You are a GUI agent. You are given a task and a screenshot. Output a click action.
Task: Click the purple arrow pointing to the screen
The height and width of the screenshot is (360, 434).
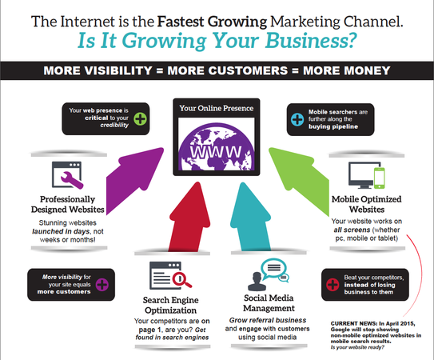click(133, 178)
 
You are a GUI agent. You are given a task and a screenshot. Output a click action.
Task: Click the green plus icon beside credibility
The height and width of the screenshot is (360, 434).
click(141, 119)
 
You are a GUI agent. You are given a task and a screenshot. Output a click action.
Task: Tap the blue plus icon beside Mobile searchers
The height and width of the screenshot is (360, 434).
click(297, 119)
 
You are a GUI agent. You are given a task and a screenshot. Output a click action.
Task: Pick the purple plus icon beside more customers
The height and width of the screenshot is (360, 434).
click(102, 285)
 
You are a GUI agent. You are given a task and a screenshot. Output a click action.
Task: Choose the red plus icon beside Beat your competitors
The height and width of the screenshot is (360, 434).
click(332, 285)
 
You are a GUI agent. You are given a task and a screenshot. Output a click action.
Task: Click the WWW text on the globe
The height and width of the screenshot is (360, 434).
click(216, 151)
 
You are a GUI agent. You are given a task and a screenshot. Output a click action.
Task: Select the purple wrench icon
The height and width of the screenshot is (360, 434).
click(71, 180)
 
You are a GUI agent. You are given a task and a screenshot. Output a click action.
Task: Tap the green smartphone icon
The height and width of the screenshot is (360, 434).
click(379, 178)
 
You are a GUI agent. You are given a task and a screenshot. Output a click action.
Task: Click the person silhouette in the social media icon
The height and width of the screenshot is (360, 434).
click(257, 282)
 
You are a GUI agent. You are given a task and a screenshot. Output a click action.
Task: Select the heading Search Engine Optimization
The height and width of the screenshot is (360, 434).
click(171, 305)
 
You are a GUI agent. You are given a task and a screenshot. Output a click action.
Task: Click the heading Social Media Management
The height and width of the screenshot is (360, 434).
click(269, 303)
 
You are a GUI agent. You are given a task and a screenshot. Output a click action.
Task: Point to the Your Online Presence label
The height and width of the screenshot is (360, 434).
click(216, 108)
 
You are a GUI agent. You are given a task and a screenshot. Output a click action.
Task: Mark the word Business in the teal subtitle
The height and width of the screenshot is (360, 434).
click(310, 41)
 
